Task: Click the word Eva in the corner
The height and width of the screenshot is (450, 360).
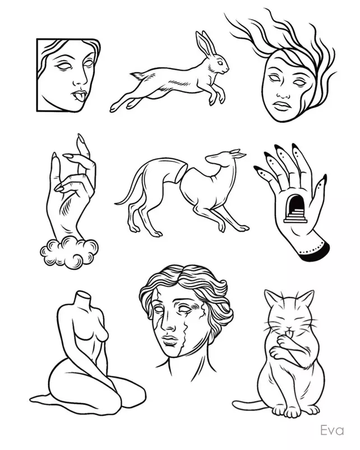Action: coord(332,430)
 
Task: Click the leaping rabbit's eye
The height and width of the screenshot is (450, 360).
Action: coord(220,63)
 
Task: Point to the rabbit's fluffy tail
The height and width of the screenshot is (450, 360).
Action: coord(138,76)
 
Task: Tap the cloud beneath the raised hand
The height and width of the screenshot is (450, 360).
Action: coord(69,252)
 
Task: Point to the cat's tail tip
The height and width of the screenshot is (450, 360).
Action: coord(236,405)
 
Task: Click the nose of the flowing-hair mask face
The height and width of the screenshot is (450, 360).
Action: coord(283,93)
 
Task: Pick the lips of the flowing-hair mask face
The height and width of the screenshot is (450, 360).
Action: coord(281,106)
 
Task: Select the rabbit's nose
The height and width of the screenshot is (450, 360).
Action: coord(228,69)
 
